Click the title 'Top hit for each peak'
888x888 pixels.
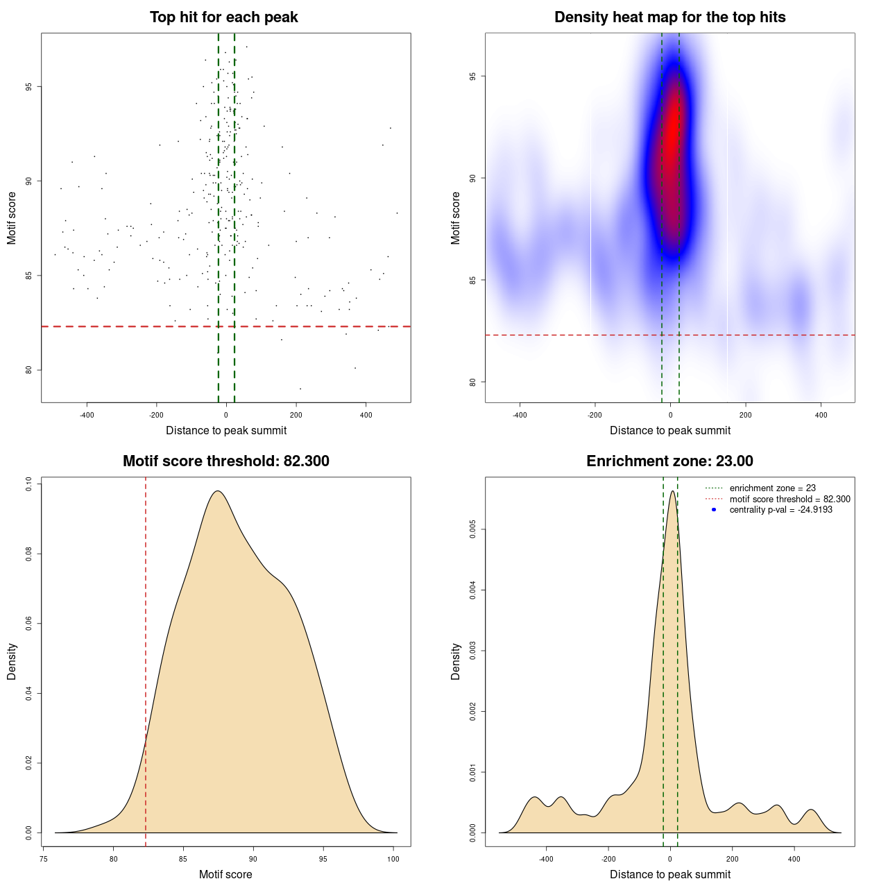coord(224,17)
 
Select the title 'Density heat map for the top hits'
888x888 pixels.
coord(669,17)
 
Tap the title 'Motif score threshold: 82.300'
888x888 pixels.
coord(225,461)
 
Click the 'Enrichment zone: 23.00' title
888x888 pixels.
coord(669,461)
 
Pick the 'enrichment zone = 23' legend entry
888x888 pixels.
coord(772,488)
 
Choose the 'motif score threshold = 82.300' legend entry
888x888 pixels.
coord(789,499)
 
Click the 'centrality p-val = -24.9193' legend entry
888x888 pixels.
coord(780,510)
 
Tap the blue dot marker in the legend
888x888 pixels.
coord(714,510)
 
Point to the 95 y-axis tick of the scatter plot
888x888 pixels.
coord(29,87)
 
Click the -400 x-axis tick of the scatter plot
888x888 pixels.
coord(87,415)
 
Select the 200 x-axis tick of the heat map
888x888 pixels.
coord(746,415)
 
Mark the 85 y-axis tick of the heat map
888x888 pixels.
coord(473,280)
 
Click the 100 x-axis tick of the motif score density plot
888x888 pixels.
coord(393,859)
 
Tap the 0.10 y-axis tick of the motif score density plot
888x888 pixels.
coord(29,484)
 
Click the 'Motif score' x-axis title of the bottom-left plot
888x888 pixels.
coord(225,874)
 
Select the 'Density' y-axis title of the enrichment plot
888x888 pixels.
coord(456,661)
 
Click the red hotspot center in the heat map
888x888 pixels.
coord(672,132)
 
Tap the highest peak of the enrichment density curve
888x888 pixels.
coord(672,491)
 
